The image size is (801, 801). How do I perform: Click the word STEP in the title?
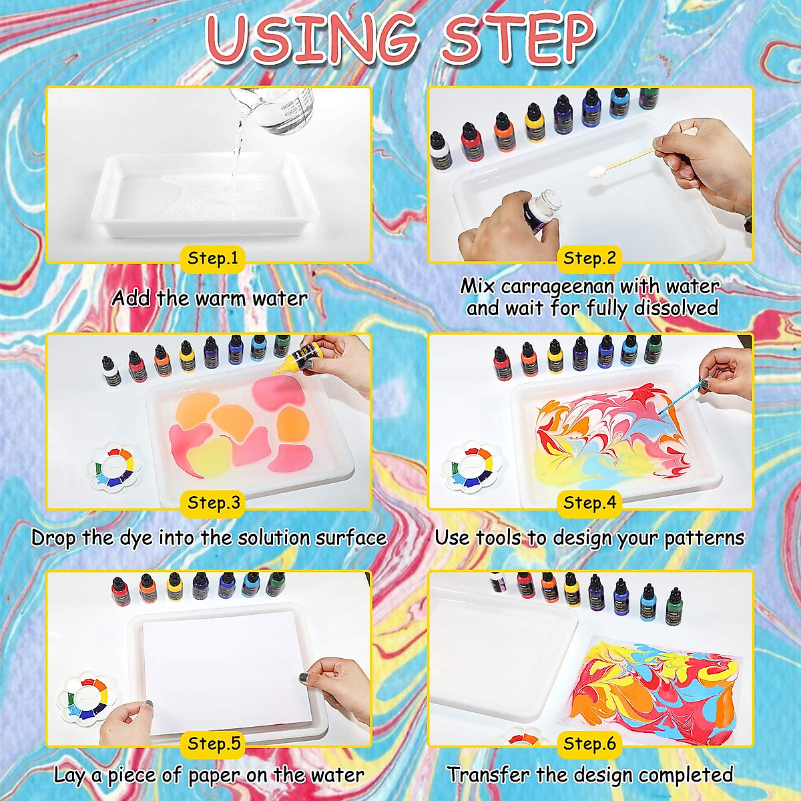[x=517, y=39]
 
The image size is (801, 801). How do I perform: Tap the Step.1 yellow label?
[x=213, y=258]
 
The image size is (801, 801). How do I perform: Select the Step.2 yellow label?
[x=589, y=258]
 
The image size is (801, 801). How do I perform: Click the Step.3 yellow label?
[x=213, y=503]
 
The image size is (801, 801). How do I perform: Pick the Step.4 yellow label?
[x=589, y=503]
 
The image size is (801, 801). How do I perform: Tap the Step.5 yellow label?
[x=213, y=743]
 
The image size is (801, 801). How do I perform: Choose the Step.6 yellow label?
[x=589, y=743]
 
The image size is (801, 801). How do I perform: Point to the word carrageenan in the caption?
[x=557, y=286]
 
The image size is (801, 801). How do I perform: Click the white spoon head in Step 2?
[x=596, y=172]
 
